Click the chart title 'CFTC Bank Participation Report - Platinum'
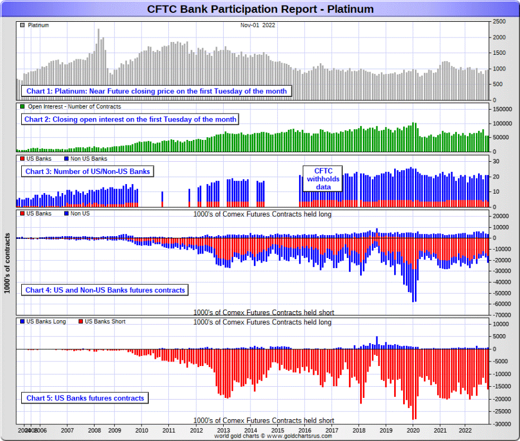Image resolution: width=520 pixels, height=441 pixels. tap(260, 9)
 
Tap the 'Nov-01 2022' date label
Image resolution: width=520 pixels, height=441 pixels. tap(258, 25)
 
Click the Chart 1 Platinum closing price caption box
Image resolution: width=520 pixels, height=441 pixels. tap(156, 91)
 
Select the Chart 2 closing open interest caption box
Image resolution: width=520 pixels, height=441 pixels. tap(130, 119)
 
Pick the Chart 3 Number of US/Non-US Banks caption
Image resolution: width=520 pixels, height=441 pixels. tap(87, 171)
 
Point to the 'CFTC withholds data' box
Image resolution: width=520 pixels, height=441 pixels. tap(322, 179)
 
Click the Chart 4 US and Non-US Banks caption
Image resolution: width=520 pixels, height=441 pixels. tap(105, 290)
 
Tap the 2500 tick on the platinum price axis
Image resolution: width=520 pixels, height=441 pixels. tap(500, 21)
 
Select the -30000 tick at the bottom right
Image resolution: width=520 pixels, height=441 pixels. tap(502, 424)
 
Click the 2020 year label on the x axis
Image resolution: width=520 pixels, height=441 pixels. tap(413, 430)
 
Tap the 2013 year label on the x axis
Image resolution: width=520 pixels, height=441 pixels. tap(223, 430)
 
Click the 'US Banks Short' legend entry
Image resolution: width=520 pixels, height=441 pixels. tap(105, 322)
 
